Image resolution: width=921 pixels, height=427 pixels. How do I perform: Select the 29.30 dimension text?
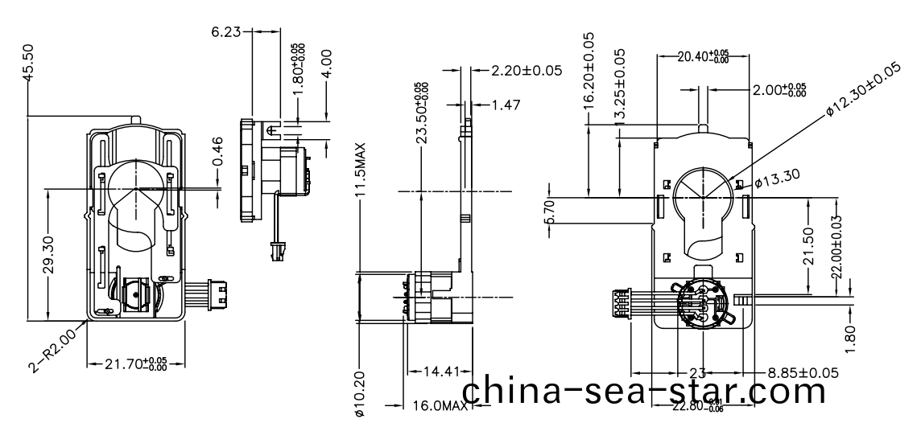[49, 254]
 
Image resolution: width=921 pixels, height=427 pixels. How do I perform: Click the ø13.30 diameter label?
[777, 179]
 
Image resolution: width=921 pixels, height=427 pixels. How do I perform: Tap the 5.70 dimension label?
[550, 213]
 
